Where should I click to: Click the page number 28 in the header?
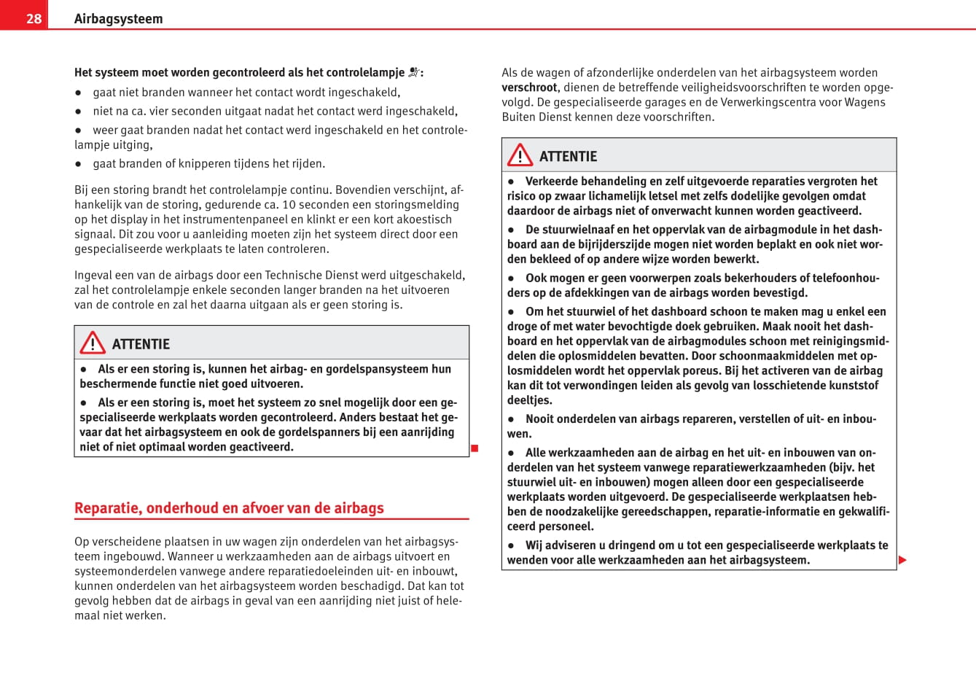click(x=34, y=18)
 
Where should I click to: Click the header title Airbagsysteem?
click(x=118, y=19)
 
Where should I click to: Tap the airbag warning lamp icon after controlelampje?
click(x=414, y=72)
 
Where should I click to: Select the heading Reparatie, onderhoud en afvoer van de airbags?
click(x=229, y=508)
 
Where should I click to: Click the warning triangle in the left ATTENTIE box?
click(x=93, y=343)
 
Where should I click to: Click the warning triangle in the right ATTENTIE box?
click(x=520, y=155)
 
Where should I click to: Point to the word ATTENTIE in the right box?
click(x=568, y=157)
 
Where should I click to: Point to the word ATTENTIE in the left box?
click(x=141, y=344)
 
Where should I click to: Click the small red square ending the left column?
click(x=474, y=448)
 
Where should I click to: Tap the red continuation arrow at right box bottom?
click(x=902, y=560)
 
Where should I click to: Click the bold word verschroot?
click(x=530, y=87)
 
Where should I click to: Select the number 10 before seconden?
click(x=289, y=205)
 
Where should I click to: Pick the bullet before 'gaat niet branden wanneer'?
click(x=78, y=93)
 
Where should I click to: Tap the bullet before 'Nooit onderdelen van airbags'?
click(x=511, y=419)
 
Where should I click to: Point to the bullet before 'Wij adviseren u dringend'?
click(x=511, y=545)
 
